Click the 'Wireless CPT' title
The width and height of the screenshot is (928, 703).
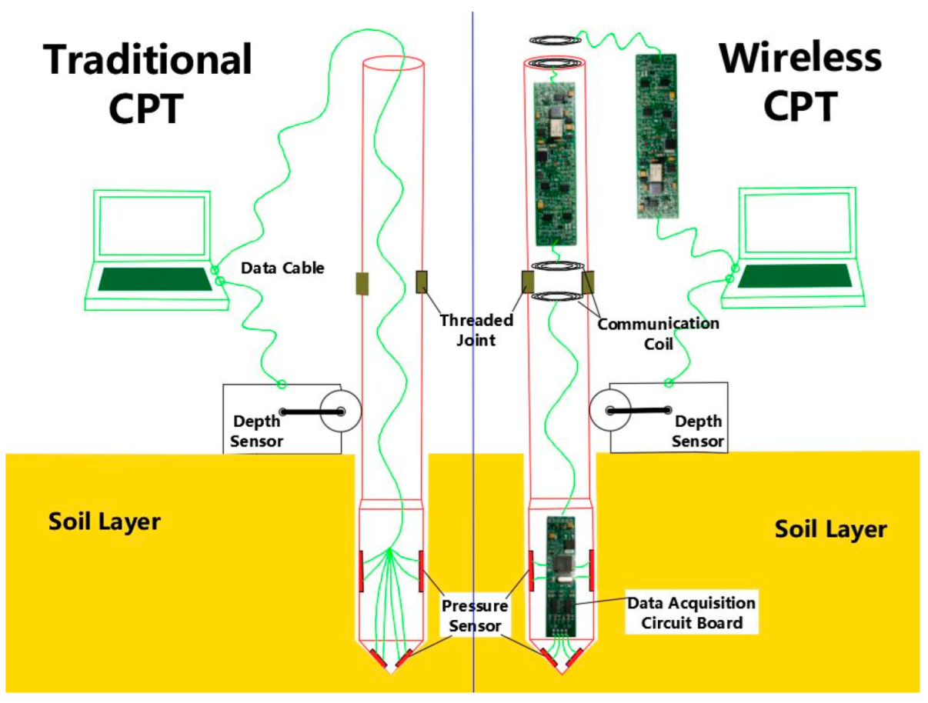coord(799,82)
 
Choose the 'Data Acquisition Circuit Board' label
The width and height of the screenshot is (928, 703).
coord(690,612)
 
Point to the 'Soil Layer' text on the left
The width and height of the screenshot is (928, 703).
coord(105,521)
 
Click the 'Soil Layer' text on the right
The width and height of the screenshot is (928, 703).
coord(830,529)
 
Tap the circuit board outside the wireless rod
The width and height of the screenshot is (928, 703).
coord(656,134)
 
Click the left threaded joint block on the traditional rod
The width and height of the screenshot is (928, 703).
coord(362,283)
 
